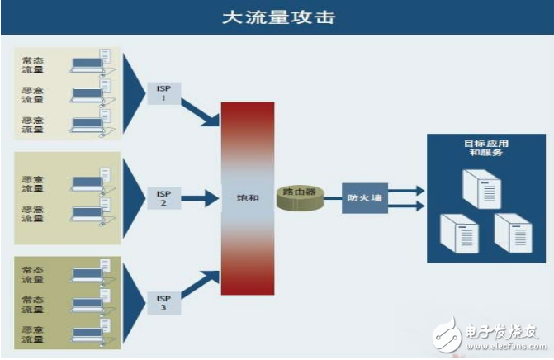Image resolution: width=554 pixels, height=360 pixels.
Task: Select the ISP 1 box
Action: click(x=163, y=92)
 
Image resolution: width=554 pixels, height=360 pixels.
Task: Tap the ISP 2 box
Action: click(x=163, y=197)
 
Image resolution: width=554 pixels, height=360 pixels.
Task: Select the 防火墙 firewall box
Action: click(x=364, y=198)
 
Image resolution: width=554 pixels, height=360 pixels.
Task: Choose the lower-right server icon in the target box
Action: click(x=511, y=232)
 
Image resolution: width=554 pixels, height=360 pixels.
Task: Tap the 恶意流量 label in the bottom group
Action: click(x=34, y=334)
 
